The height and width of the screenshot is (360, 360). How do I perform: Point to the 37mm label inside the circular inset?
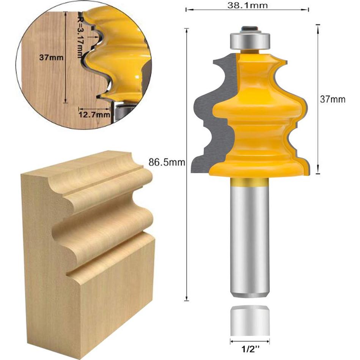tap(51, 58)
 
